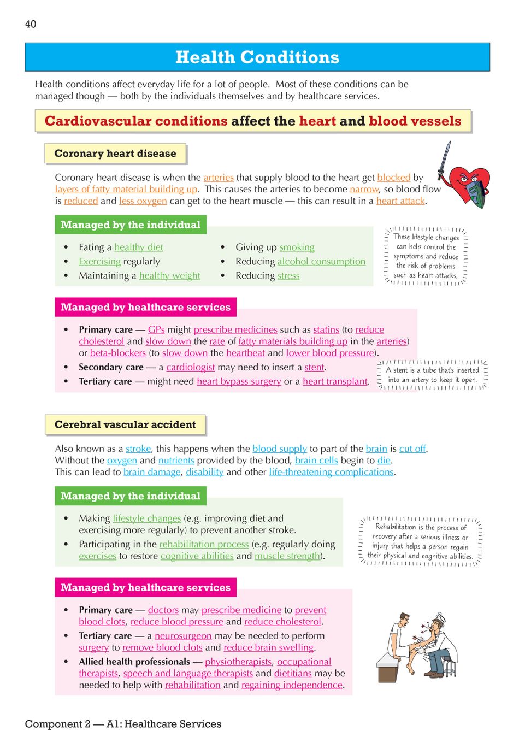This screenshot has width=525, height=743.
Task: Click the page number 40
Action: (x=31, y=24)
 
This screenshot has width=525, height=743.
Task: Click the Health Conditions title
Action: (x=257, y=57)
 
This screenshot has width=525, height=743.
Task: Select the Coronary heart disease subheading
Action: (x=115, y=154)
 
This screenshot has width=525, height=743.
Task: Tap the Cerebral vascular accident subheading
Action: (x=125, y=424)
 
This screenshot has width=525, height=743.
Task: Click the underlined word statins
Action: (x=326, y=329)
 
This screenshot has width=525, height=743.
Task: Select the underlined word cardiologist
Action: (x=190, y=367)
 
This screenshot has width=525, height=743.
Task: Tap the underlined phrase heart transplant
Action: (x=335, y=381)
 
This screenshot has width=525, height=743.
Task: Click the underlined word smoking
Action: (x=297, y=247)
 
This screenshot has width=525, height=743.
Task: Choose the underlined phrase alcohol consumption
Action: (x=321, y=262)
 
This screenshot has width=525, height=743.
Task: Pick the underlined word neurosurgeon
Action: (x=183, y=636)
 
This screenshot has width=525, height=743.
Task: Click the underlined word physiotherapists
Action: (x=238, y=662)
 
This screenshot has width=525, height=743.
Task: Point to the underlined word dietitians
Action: (x=293, y=674)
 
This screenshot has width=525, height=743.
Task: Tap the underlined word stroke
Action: (x=138, y=449)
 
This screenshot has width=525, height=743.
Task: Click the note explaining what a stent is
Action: (x=432, y=375)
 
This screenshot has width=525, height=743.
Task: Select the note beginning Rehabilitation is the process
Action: (x=420, y=541)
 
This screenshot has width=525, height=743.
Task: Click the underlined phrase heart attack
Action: (x=400, y=201)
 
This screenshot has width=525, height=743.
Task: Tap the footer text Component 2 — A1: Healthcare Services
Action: (x=123, y=724)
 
